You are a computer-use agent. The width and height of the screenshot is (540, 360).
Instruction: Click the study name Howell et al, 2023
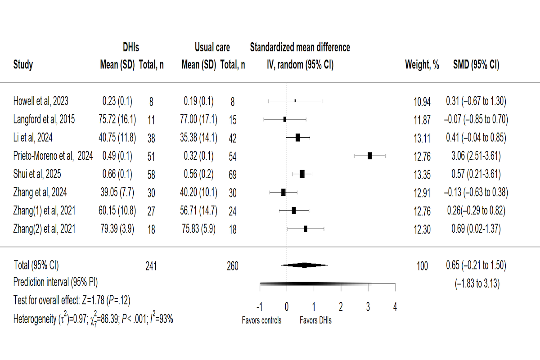point(41,101)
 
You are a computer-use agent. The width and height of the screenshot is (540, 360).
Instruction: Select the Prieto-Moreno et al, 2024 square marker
point(370,156)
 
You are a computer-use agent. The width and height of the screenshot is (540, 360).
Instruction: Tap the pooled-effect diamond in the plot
point(305,265)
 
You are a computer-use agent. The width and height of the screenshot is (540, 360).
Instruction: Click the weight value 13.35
point(422,174)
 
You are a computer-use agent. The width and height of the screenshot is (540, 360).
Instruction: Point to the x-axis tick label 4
point(395,307)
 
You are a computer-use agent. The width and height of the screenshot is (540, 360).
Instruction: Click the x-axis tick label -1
point(259,307)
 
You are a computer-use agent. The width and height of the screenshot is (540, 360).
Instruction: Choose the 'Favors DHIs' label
point(315,321)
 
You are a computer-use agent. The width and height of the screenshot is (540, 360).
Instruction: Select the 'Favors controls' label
point(261,321)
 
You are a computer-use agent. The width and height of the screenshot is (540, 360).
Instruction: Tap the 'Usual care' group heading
point(212,47)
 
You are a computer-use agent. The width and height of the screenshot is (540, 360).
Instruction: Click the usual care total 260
point(232,266)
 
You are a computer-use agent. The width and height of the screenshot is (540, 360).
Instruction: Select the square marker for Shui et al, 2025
point(302,174)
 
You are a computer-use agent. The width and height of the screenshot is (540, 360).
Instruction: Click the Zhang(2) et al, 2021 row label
point(44,229)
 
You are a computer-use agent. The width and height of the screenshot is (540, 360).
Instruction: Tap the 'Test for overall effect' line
point(72,301)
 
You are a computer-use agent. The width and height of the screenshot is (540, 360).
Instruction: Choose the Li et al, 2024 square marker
point(297,138)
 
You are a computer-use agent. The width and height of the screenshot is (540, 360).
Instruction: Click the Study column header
point(23,65)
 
